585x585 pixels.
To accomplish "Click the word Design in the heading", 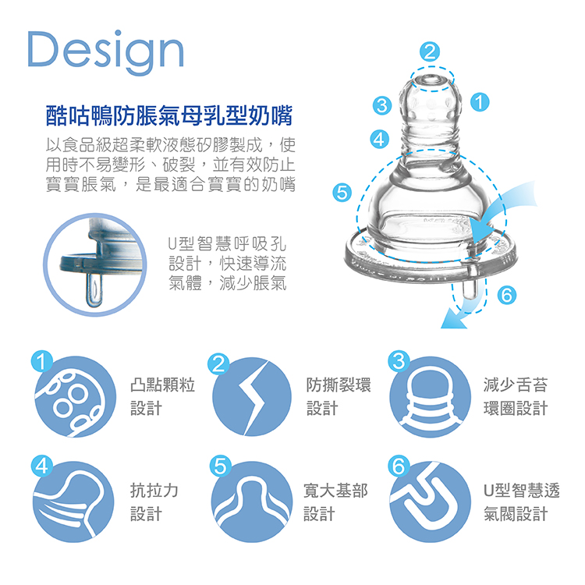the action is (x=105, y=51).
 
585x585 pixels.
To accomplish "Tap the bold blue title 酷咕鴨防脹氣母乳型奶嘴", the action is (x=169, y=115).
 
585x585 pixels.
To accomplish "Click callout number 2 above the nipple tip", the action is (x=430, y=51).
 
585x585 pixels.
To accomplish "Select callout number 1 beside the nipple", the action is (x=480, y=102).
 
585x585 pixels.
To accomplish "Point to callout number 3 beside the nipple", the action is (x=382, y=105).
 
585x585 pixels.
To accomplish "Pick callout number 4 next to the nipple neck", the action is (x=379, y=139).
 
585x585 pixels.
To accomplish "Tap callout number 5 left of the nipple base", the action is (x=342, y=193).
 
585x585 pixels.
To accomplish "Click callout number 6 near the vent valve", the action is (x=507, y=295).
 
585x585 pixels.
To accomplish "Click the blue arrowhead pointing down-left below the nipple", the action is (x=452, y=321).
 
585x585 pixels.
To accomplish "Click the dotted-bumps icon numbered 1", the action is (x=75, y=396).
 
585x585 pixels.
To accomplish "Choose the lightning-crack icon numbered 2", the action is (x=252, y=396).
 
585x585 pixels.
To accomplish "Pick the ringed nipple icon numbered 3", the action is (x=430, y=396).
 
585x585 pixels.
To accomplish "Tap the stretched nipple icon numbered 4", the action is (x=73, y=502).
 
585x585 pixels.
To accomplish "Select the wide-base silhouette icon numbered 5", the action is (x=251, y=502).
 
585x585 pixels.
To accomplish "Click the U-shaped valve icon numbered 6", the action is (x=430, y=502).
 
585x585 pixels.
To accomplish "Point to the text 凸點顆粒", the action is (x=163, y=385).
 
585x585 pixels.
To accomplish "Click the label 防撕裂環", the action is (x=339, y=385).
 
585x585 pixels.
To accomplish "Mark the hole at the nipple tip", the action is (x=431, y=78).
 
